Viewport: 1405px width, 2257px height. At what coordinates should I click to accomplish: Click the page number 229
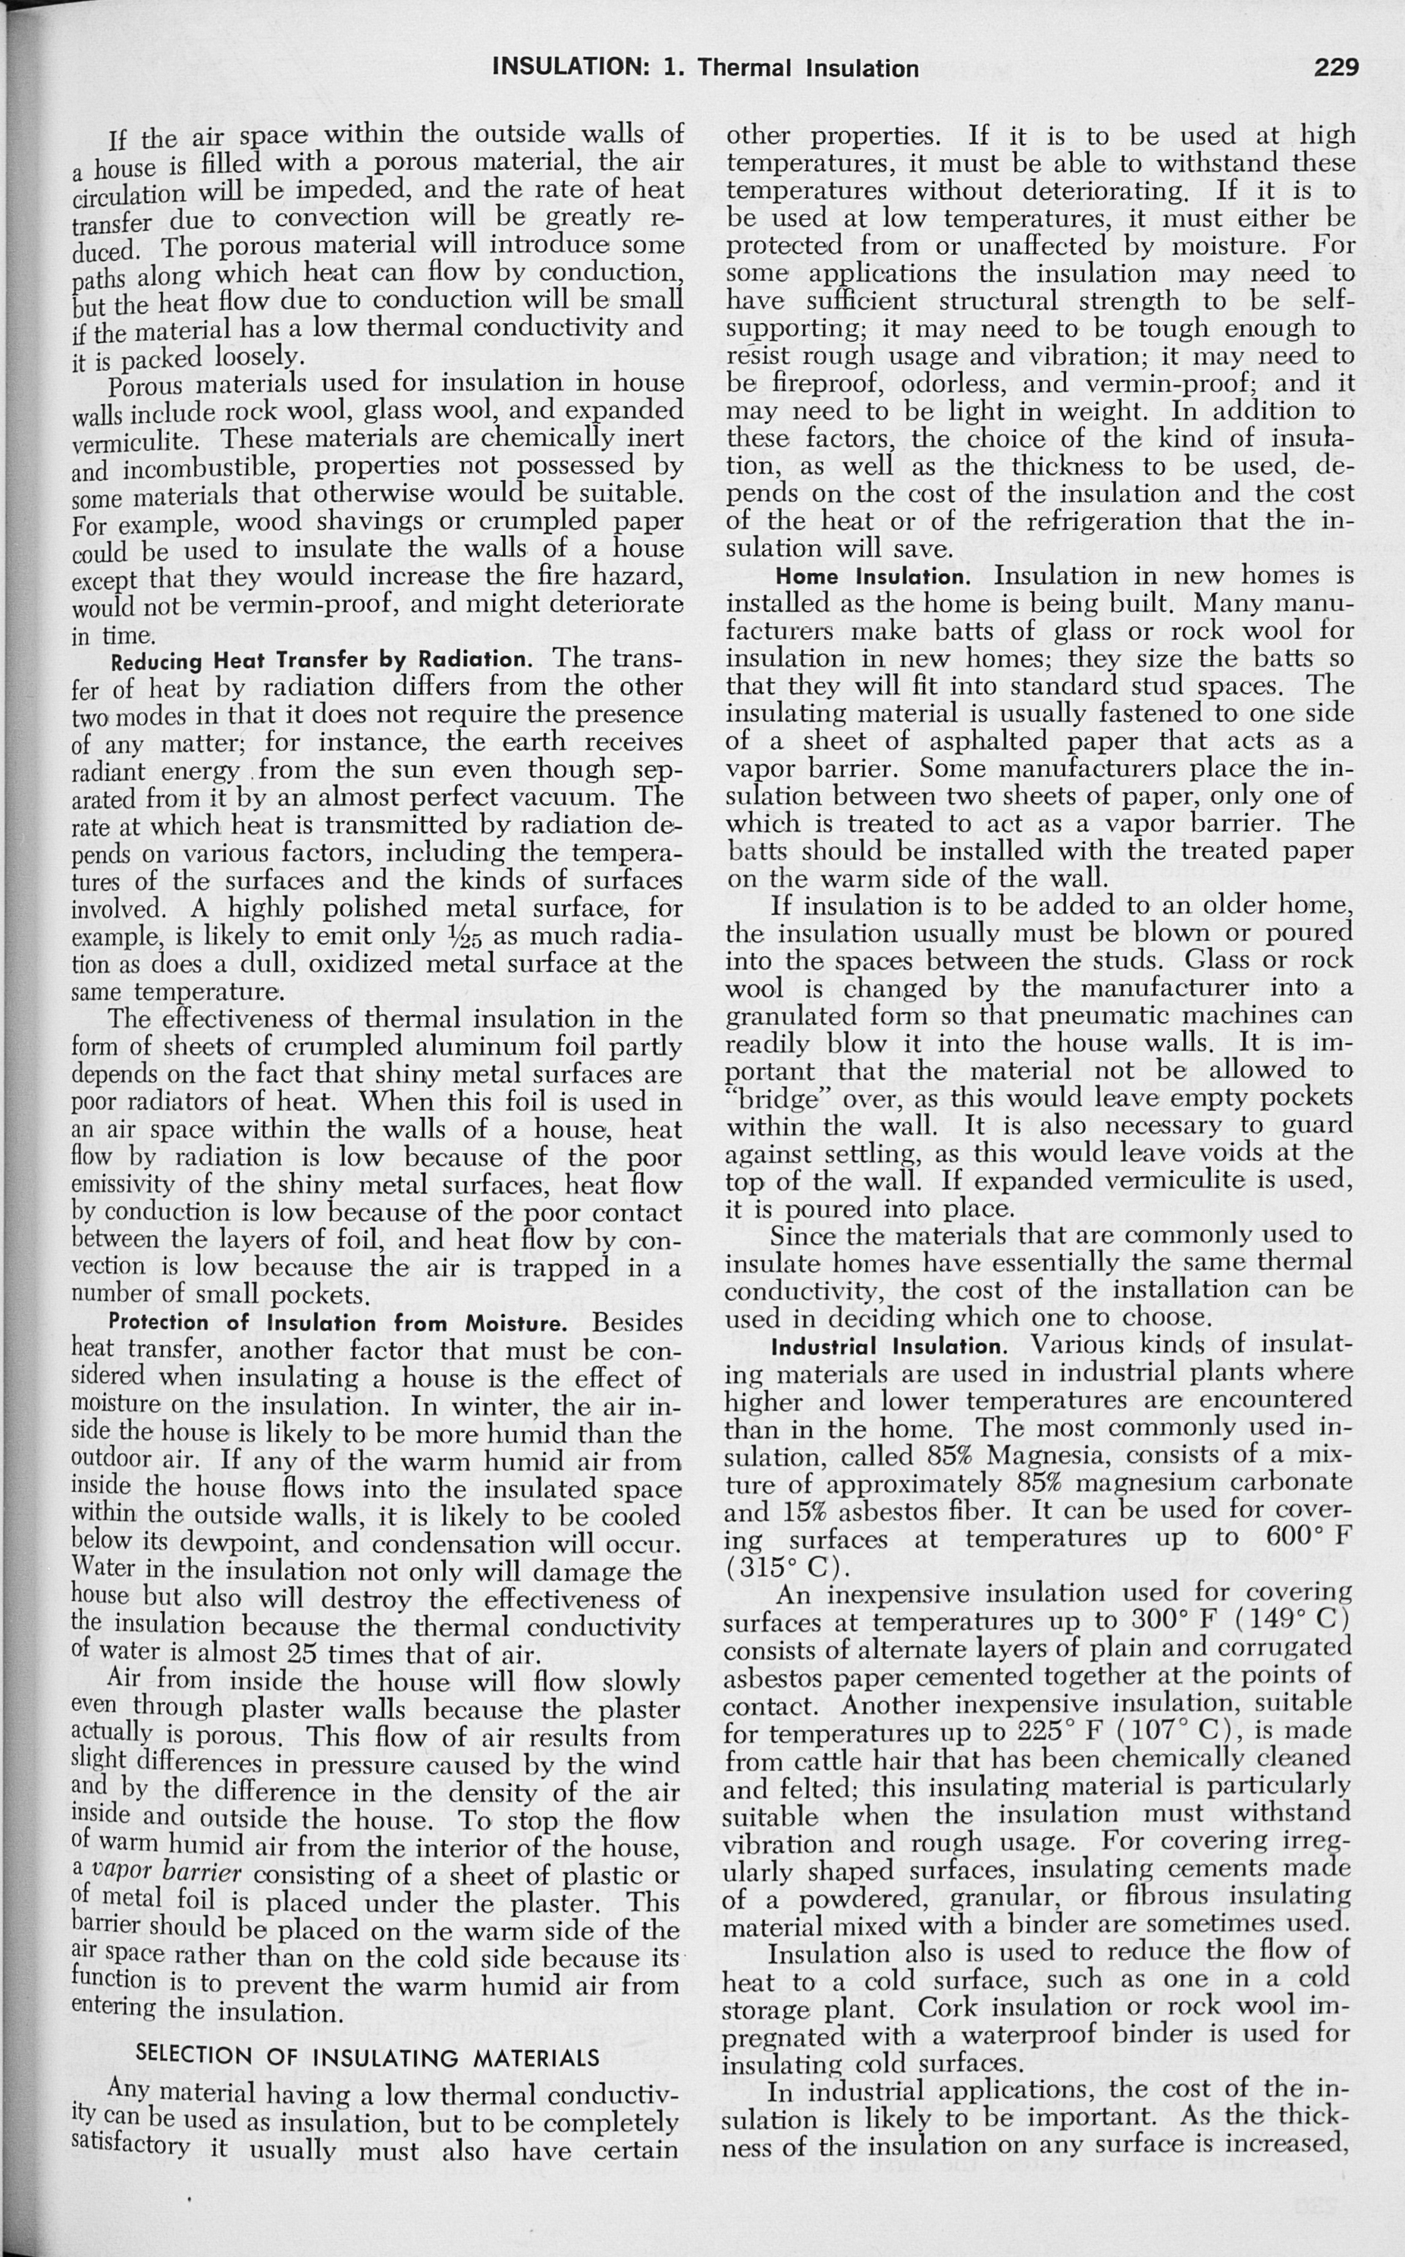pyautogui.click(x=1335, y=67)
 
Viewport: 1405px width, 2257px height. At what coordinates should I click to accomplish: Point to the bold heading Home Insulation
pyautogui.click(x=878, y=577)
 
